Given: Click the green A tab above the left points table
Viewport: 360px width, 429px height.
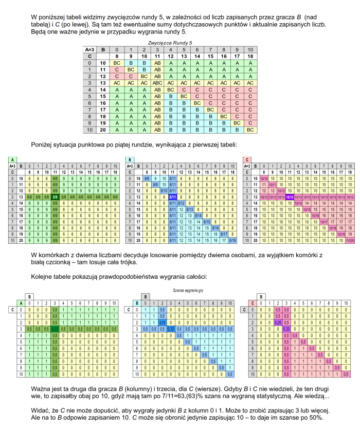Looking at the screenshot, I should tap(11, 159).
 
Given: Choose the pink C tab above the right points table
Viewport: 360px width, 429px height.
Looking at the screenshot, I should tap(247, 159).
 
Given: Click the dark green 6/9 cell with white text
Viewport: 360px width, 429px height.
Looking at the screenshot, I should tap(55, 197).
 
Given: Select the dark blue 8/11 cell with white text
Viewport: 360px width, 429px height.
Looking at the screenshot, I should tap(173, 197).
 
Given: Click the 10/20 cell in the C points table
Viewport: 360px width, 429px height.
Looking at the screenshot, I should tap(350, 240).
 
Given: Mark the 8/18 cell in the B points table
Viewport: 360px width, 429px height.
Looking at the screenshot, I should tap(232, 240).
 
